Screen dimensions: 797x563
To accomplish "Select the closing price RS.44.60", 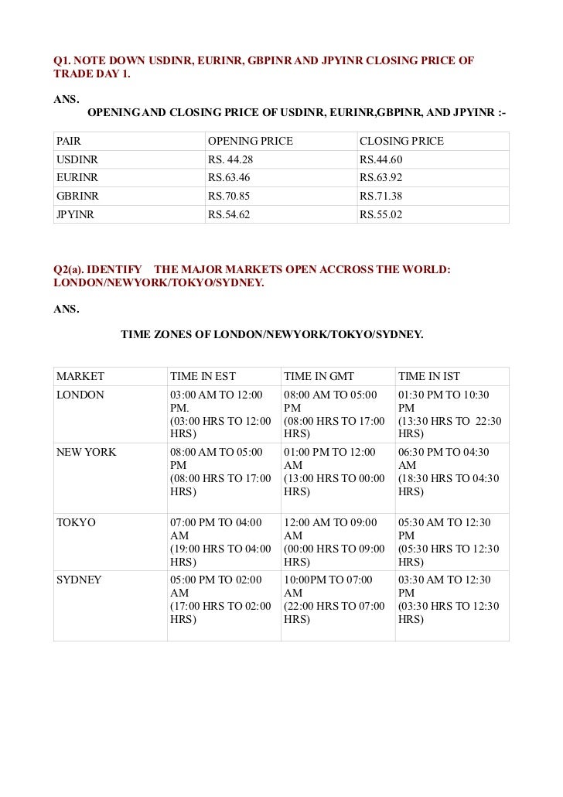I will pos(381,159).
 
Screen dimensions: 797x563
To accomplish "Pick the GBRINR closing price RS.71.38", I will pos(381,197).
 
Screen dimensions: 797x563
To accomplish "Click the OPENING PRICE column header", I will pos(251,142).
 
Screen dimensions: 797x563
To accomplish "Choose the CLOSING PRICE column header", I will pos(401,142).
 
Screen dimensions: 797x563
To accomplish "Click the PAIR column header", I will pos(69,142).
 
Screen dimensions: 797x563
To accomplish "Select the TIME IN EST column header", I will pos(203,377).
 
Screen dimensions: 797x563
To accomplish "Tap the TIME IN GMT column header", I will pos(319,377).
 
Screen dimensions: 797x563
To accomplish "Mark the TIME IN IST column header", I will pos(429,377).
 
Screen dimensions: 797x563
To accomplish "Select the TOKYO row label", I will pos(76,522).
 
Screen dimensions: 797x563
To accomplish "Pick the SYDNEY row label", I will pos(79,580).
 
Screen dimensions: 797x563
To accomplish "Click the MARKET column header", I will pos(80,377).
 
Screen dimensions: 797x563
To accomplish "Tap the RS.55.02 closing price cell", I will pos(381,214).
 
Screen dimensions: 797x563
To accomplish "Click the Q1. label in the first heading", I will pos(62,60).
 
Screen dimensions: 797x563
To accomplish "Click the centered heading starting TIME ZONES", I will pos(271,335).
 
